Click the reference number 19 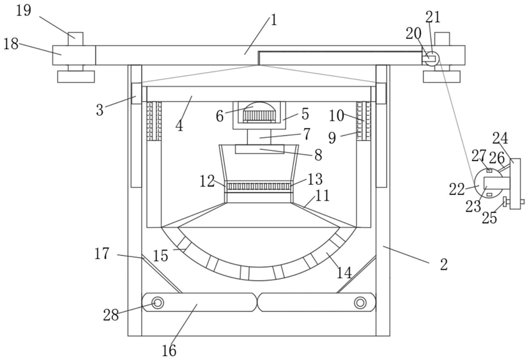(x=23, y=10)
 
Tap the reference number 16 (x=169, y=350)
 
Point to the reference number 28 (x=111, y=315)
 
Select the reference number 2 (x=444, y=264)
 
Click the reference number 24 (x=500, y=138)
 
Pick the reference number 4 (x=179, y=126)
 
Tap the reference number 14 (x=344, y=272)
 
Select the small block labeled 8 (x=260, y=149)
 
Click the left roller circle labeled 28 (x=157, y=302)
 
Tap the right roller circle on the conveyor (x=360, y=302)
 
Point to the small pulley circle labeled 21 (x=432, y=58)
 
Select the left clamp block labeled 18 (x=74, y=55)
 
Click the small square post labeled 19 (x=75, y=39)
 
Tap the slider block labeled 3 (x=136, y=93)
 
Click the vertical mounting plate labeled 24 (x=515, y=184)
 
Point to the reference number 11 (x=322, y=195)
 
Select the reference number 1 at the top (x=273, y=20)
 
